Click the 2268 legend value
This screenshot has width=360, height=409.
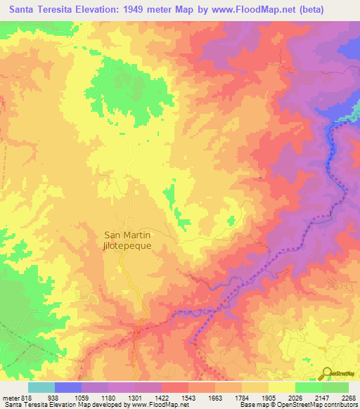coord(349,396)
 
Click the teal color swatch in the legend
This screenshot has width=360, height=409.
coord(41,387)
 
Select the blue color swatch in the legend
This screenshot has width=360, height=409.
coord(68,387)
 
